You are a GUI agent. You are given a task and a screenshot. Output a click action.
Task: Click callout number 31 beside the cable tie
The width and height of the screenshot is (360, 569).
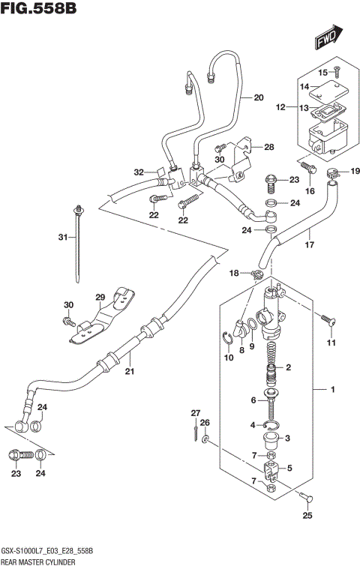pos(64,238)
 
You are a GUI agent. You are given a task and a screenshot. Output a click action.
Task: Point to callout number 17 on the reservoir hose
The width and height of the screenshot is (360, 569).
pos(307,244)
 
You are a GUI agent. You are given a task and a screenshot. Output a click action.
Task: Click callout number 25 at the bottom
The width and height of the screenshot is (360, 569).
pos(306,515)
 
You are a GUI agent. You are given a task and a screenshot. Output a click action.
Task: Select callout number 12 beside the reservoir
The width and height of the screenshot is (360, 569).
pos(280,108)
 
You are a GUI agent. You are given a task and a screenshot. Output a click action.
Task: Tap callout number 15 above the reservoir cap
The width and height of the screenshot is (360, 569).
pos(324,73)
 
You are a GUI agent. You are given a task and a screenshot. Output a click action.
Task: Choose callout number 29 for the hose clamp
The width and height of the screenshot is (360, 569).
pos(100,298)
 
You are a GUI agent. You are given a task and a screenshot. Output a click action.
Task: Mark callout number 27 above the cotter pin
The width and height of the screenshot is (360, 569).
pos(196,413)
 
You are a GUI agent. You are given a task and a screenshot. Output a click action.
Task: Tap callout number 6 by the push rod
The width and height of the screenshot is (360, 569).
pos(254,400)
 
